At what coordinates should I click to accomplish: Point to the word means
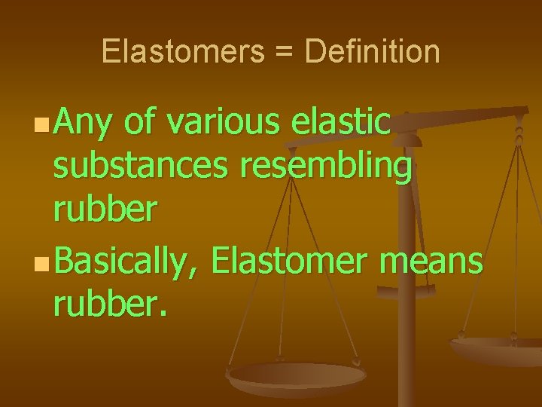pyautogui.click(x=431, y=263)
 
